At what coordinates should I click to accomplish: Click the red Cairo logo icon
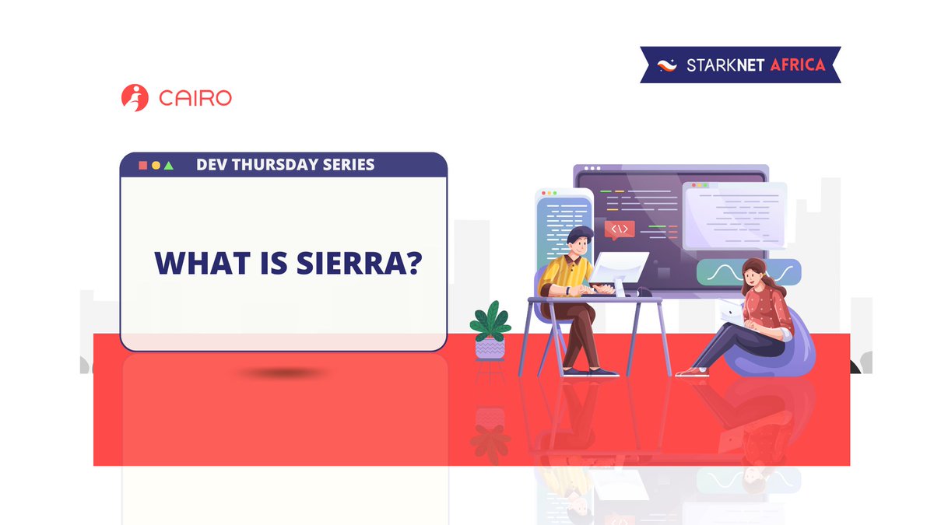pos(135,98)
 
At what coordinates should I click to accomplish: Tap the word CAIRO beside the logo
pos(195,99)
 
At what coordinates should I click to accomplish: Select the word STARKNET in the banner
pos(725,65)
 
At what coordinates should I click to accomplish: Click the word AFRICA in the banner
pos(797,65)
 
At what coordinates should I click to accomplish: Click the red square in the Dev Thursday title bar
pos(142,166)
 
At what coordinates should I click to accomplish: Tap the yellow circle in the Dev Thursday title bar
pos(156,166)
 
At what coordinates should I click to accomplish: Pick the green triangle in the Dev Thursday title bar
pos(169,166)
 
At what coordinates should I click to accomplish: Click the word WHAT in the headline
pos(195,263)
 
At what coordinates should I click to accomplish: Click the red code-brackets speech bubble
pos(620,229)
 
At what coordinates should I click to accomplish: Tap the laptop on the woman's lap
pos(732,311)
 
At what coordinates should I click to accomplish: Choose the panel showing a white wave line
pos(747,272)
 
